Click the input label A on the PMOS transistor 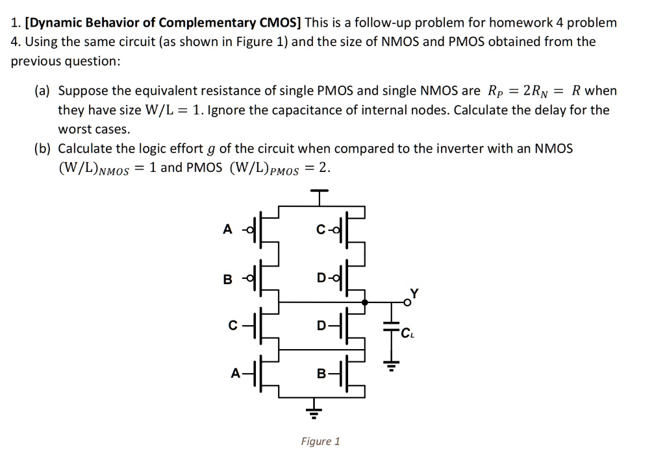[x=227, y=229]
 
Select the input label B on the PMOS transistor [x=227, y=280]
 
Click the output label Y [x=414, y=292]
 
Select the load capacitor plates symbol [x=390, y=328]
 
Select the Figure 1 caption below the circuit [x=320, y=442]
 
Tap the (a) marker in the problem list [x=43, y=91]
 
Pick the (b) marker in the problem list [x=43, y=149]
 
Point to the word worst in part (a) [x=77, y=129]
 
